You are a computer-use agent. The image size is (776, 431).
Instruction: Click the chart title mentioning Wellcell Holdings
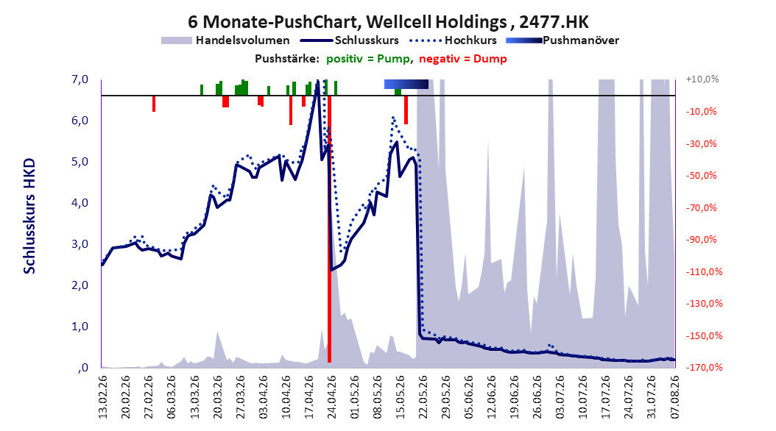388,22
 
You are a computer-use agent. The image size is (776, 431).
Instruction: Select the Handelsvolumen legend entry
226,40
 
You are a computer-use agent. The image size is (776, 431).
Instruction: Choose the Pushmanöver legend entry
562,40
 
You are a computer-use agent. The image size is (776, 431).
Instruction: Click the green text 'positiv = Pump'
367,59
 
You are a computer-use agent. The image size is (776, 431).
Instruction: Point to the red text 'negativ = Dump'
463,59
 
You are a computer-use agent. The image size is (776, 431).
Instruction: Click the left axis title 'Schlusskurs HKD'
29,216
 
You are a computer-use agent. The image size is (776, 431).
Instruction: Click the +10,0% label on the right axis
702,79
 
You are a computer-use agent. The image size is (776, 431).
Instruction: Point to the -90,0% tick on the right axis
701,239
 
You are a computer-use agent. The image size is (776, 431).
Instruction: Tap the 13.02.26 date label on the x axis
103,397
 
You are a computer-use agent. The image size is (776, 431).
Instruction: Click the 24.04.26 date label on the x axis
332,397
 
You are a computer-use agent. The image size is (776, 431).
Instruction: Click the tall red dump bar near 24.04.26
329,229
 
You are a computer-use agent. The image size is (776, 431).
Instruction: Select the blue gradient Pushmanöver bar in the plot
406,84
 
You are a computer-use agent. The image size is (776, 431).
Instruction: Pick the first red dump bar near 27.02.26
154,103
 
